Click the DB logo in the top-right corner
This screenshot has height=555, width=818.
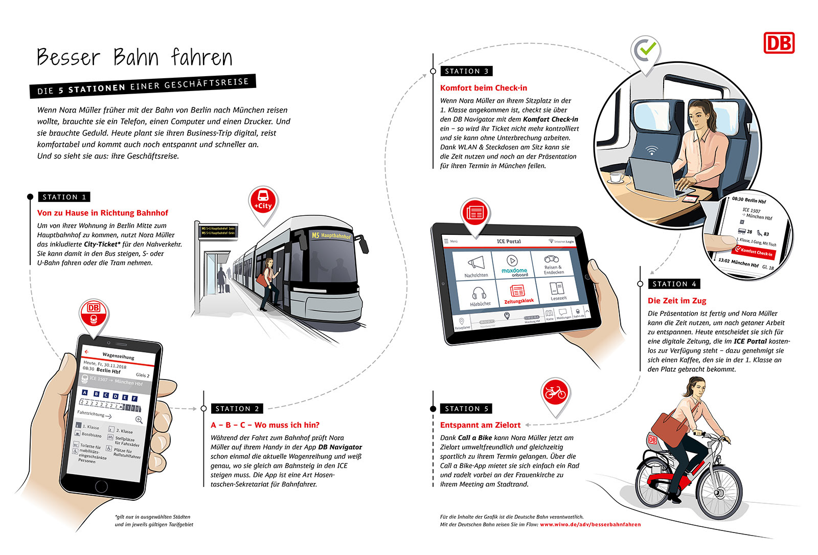779,43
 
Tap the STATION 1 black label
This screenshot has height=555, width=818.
64,197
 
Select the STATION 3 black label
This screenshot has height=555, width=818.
466,71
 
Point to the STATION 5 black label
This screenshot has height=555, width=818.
466,409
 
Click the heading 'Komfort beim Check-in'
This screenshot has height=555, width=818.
483,88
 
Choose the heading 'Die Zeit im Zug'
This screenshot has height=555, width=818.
676,301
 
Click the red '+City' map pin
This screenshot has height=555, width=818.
263,201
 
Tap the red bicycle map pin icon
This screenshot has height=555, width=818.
555,393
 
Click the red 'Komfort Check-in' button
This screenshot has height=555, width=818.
754,251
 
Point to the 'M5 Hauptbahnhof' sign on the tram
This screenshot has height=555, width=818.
331,235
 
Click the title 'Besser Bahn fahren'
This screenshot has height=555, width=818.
134,57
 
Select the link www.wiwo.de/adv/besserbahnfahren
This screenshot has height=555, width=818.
590,524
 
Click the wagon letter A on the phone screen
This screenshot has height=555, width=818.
85,393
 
